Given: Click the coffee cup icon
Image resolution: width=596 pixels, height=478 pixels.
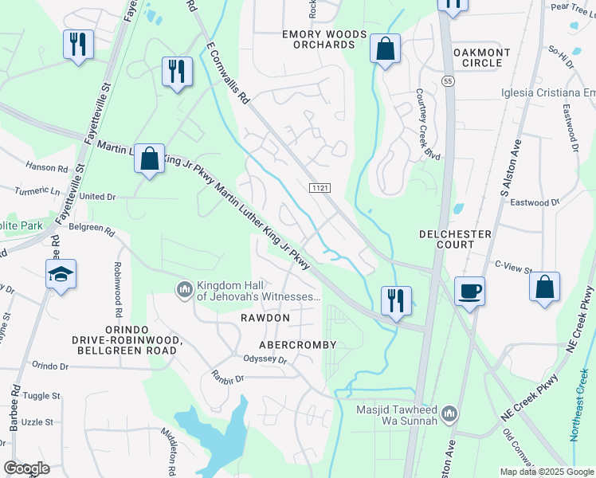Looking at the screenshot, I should [470, 291].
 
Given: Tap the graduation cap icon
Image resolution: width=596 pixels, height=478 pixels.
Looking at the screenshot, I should [61, 276].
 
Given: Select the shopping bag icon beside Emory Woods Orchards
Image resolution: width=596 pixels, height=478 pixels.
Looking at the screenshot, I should [385, 49].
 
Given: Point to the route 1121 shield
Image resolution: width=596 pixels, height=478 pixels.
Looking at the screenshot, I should [320, 186].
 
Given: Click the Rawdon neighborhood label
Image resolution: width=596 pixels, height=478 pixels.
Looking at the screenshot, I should [265, 318].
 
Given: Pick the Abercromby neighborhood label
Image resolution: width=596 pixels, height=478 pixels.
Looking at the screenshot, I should [298, 345].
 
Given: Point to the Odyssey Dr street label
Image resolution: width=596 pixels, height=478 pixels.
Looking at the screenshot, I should [265, 360].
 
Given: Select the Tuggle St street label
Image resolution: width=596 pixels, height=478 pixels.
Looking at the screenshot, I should [41, 396].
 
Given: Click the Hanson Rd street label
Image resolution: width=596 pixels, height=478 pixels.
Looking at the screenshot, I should [46, 168].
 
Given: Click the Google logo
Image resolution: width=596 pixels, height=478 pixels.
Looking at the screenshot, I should [26, 468].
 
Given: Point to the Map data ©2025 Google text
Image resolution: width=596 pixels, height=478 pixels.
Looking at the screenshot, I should [546, 472].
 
